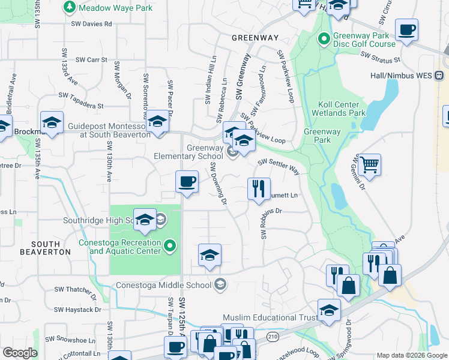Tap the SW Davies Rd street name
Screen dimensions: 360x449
point(91,24)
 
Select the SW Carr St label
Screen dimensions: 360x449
point(91,60)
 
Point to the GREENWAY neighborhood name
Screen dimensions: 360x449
point(256,38)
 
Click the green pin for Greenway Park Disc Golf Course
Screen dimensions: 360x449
point(324,39)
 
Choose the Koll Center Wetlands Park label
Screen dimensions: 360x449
point(339,109)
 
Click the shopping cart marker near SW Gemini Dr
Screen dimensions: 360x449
point(369,164)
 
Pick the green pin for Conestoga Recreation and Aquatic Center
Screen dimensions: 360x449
point(170,245)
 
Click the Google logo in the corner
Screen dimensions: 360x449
point(20,353)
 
